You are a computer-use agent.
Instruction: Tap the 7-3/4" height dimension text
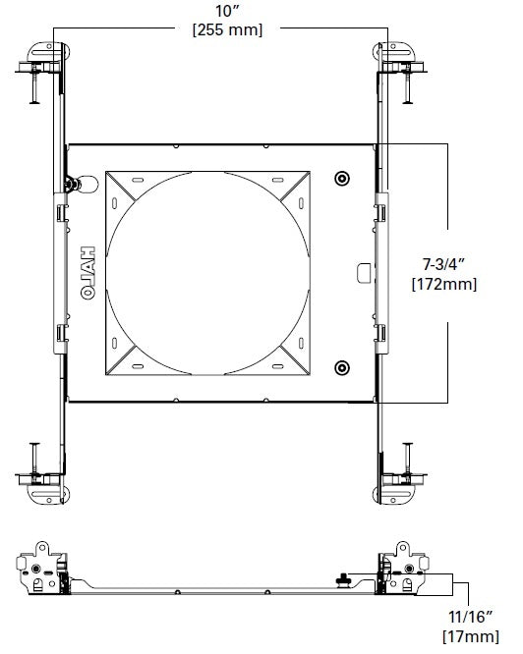click(442, 265)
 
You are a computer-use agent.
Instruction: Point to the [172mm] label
click(442, 285)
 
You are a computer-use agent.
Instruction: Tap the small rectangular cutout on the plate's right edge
click(365, 268)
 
